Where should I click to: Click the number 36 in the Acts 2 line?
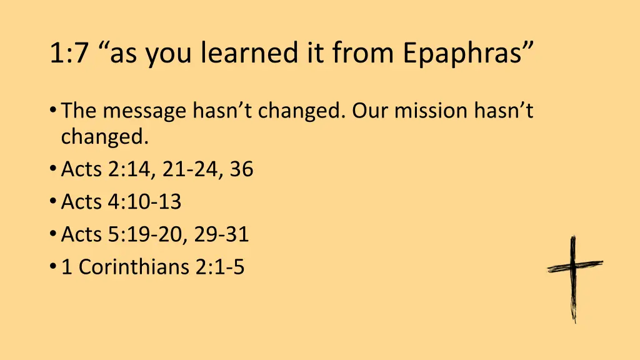tap(241, 169)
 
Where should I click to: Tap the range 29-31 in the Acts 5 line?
tap(221, 234)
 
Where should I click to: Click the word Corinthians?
tap(136, 267)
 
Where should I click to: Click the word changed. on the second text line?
tap(105, 137)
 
